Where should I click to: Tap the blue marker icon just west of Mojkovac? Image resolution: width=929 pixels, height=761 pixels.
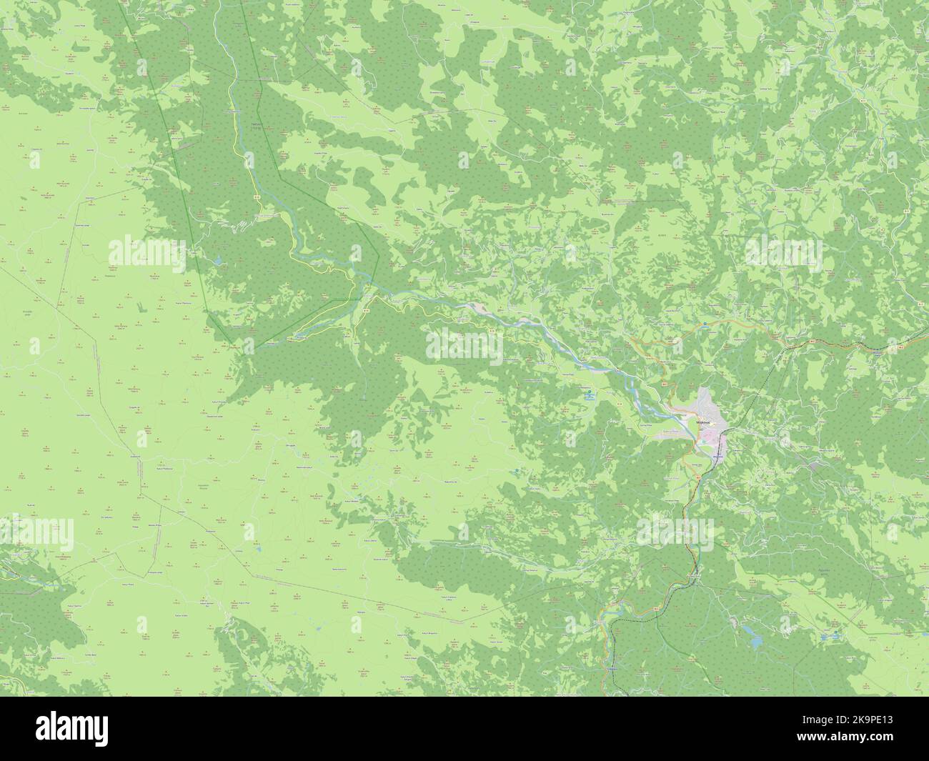coord(589,393)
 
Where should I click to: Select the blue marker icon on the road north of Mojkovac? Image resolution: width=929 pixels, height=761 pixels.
coord(705,324)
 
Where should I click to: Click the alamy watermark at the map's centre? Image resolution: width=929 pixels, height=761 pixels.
coord(464,347)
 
